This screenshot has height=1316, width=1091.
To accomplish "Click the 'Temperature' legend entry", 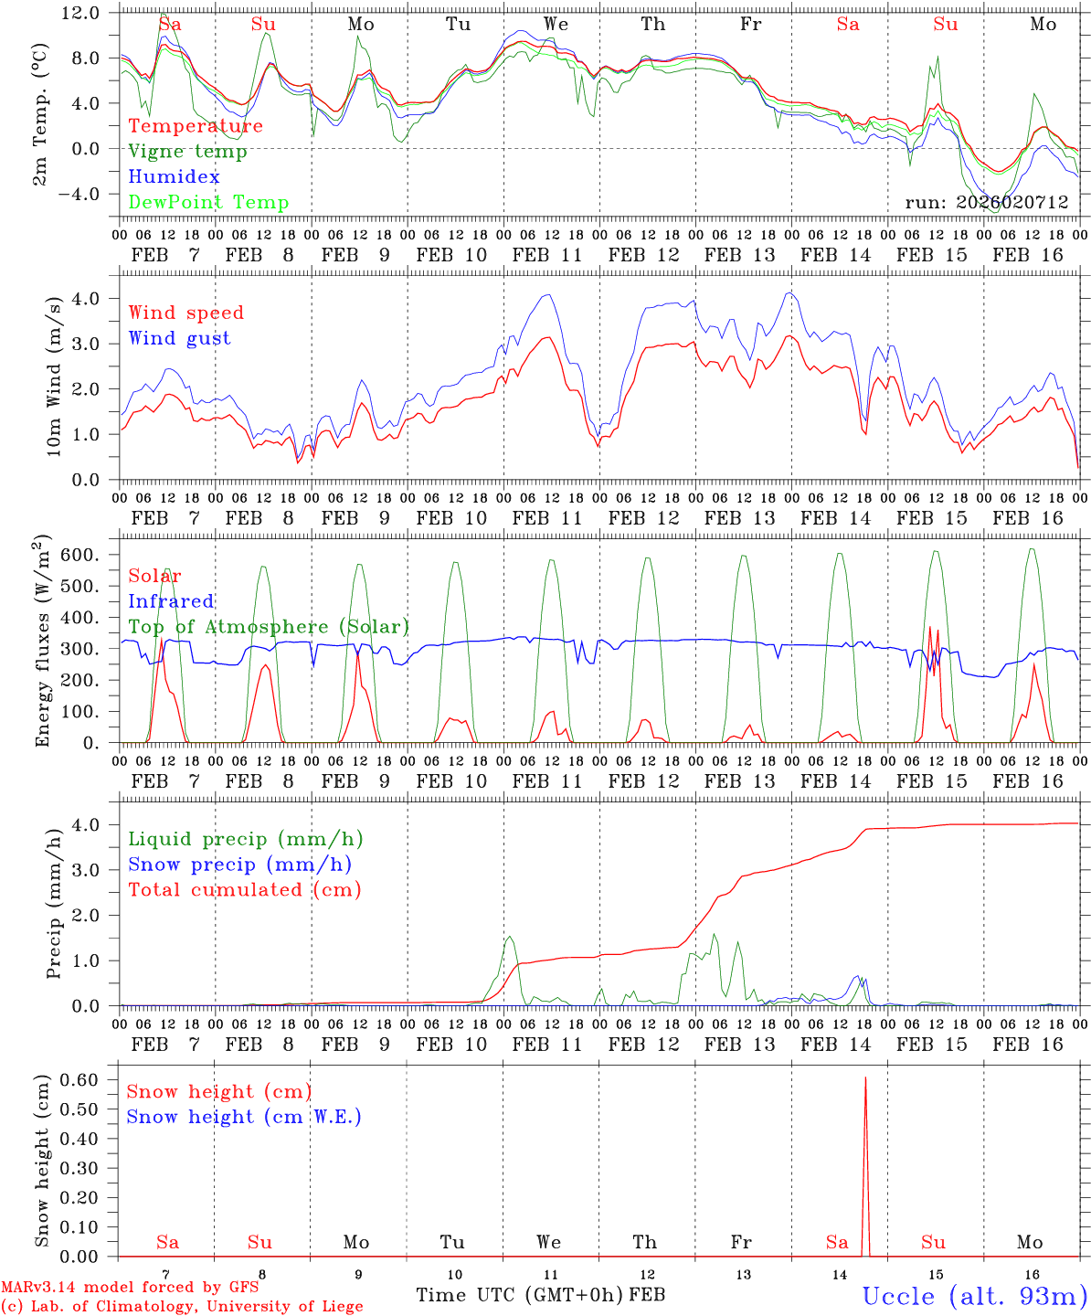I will (196, 126).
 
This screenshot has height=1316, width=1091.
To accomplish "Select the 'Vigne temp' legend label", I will (187, 152).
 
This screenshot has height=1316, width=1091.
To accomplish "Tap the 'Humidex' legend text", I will (174, 177).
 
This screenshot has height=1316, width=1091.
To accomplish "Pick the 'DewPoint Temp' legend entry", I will (208, 203).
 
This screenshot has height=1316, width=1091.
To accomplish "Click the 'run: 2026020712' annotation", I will (986, 203).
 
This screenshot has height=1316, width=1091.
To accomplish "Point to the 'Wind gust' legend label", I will (179, 338).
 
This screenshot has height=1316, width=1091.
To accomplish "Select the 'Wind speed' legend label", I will (186, 313).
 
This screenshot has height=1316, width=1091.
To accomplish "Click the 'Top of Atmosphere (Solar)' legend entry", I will (269, 627).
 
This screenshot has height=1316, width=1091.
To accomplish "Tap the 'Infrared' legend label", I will (171, 601).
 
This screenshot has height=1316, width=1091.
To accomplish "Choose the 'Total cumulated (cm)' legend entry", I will (244, 889).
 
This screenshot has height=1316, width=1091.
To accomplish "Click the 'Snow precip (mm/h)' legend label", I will (239, 865).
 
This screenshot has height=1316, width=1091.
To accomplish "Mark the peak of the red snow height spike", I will (865, 1078).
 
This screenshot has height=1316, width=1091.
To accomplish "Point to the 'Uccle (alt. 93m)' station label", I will (974, 1296).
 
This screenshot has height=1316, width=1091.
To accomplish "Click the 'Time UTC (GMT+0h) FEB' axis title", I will (540, 1295).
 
